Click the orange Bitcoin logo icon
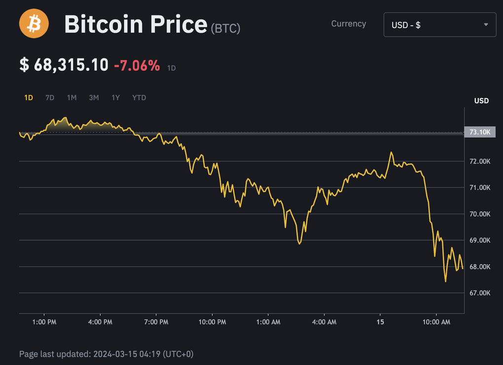pos(34,24)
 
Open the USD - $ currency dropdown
pos(439,25)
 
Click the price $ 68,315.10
pos(64,65)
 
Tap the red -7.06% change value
pos(137,65)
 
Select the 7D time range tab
pos(50,98)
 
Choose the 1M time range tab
pos(72,98)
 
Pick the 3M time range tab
pos(94,98)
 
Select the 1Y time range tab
pos(115,98)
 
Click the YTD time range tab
pos(139,98)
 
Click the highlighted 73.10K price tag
pos(479,132)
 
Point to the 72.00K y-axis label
pos(479,161)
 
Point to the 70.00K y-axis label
pos(479,214)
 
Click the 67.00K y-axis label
pos(479,293)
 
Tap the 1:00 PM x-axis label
pos(44,322)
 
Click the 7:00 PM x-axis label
pos(157,322)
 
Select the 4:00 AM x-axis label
pos(324,322)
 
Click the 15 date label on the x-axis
pos(380,322)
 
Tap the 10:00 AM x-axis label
pos(437,322)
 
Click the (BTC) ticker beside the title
pos(225,28)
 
